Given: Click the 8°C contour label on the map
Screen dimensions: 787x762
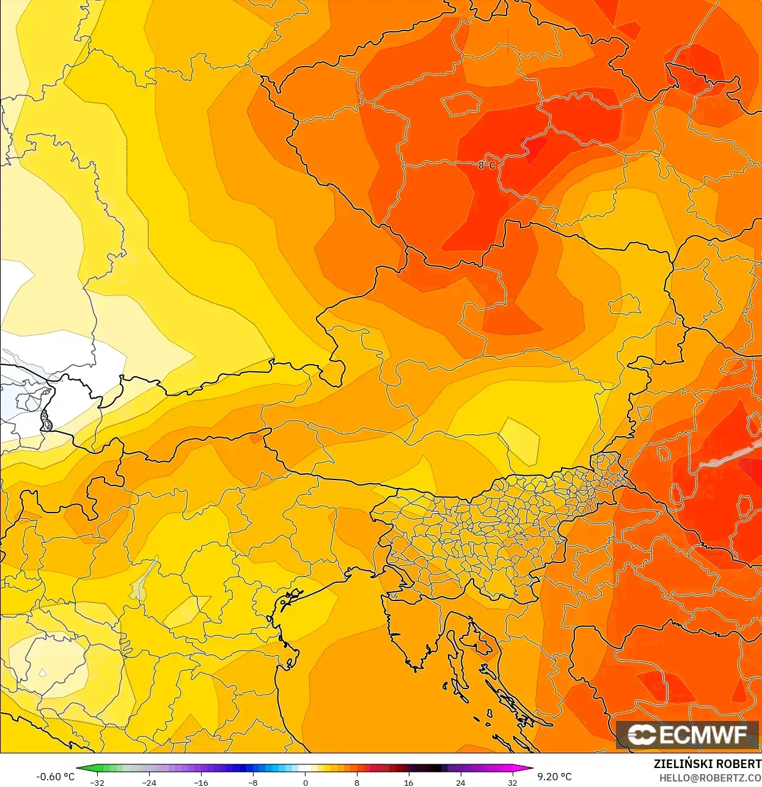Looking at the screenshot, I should (486, 164).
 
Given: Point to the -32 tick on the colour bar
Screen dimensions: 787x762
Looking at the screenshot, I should (97, 782).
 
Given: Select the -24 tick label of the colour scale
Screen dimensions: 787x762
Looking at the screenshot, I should (148, 782).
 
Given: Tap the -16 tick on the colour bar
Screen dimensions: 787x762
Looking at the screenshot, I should (200, 782).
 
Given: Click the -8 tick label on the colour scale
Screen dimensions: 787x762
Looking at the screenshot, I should (253, 782).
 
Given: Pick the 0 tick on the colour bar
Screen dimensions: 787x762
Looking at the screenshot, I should (306, 782).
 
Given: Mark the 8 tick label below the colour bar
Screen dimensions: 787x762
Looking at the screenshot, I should (357, 782).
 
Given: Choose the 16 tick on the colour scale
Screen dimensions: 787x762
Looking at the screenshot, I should (408, 782).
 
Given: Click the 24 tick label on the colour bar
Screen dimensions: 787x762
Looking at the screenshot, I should (460, 782).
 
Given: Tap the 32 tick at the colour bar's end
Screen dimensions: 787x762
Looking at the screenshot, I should (512, 782).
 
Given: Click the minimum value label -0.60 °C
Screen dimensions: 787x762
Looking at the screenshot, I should (55, 777).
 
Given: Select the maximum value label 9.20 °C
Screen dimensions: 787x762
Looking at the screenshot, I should (554, 777).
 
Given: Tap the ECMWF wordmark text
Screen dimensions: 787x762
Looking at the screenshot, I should (703, 734).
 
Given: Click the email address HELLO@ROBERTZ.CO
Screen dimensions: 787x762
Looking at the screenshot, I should (710, 778).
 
